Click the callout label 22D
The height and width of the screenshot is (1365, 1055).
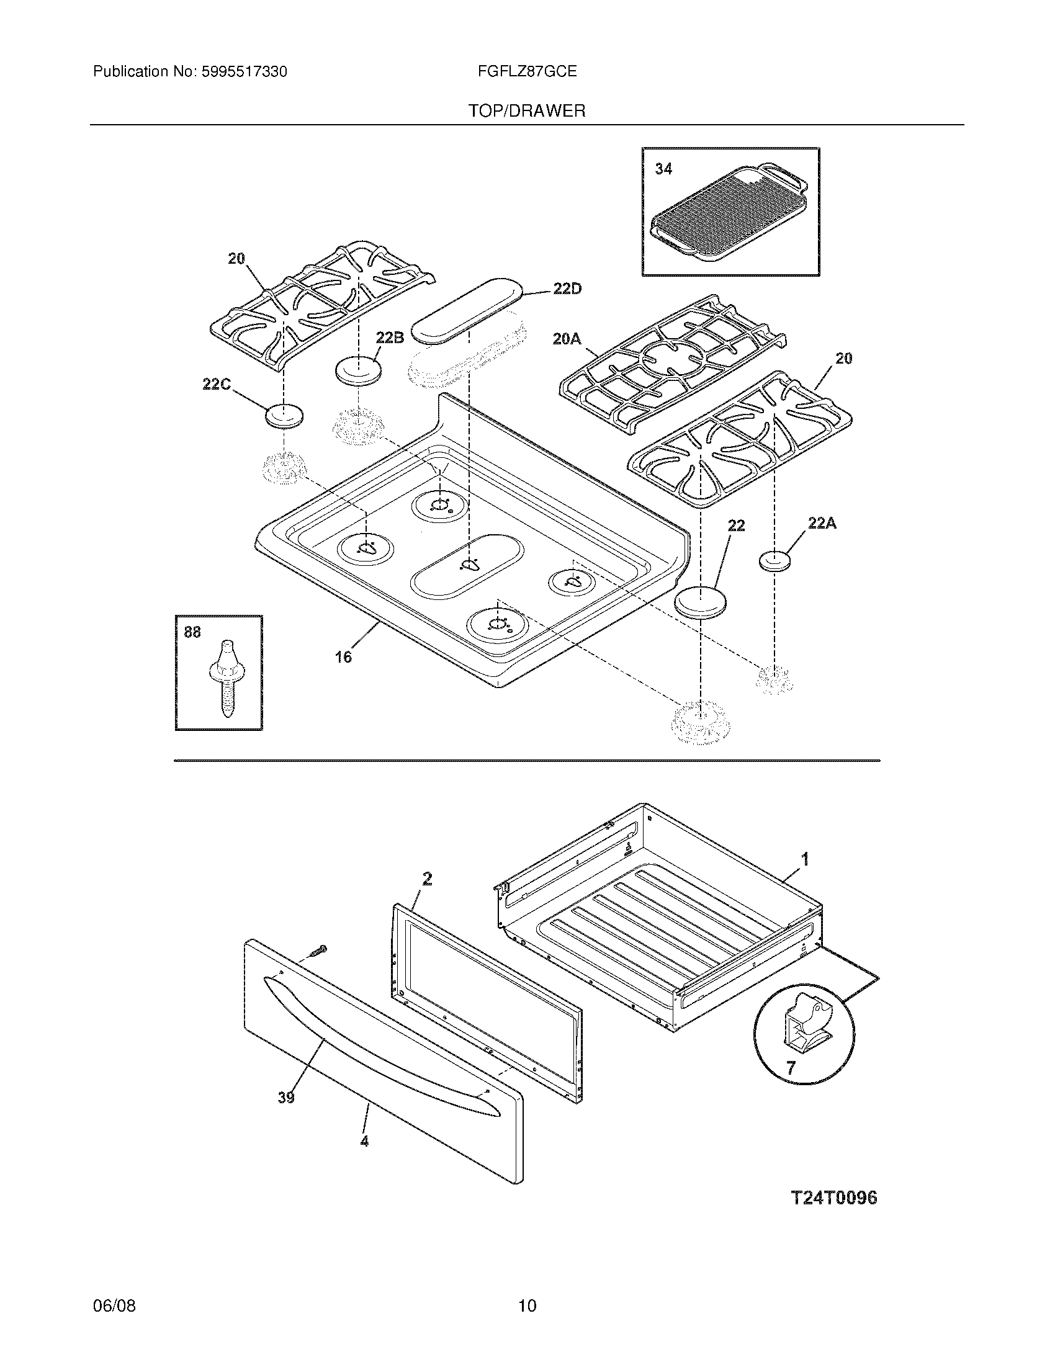567,289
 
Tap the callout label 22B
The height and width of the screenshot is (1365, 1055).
389,338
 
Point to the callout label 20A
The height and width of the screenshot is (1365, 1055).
567,339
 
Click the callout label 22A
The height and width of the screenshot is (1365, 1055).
822,524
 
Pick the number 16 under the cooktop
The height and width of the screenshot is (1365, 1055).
343,657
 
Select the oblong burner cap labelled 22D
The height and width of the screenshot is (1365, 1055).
468,311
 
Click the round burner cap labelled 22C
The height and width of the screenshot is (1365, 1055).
284,416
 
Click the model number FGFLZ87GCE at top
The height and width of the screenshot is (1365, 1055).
527,72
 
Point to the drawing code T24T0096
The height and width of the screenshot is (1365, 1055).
833,1197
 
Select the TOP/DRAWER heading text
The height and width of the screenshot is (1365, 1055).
527,111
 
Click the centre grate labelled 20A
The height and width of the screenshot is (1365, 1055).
672,362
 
